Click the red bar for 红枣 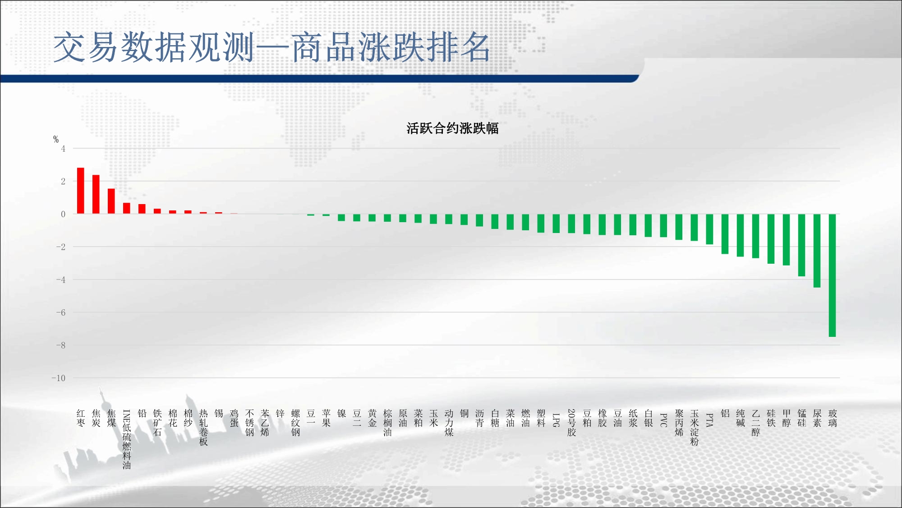pos(81,191)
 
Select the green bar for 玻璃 pos(833,275)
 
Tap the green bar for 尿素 pos(817,251)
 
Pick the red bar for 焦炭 pos(96,194)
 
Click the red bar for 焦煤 pos(111,201)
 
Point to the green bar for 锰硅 pos(802,245)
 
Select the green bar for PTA pos(709,229)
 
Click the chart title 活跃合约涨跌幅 pos(452,129)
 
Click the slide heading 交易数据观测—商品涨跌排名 pos(272,47)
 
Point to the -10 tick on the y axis pos(58,378)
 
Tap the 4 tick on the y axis pos(63,149)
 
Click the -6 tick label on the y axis pos(60,312)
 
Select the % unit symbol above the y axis pos(56,139)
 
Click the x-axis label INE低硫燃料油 pos(127,439)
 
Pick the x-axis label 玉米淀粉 pos(695,428)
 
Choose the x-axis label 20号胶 pos(571,423)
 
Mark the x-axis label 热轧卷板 pos(203,428)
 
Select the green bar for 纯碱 pos(740,235)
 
